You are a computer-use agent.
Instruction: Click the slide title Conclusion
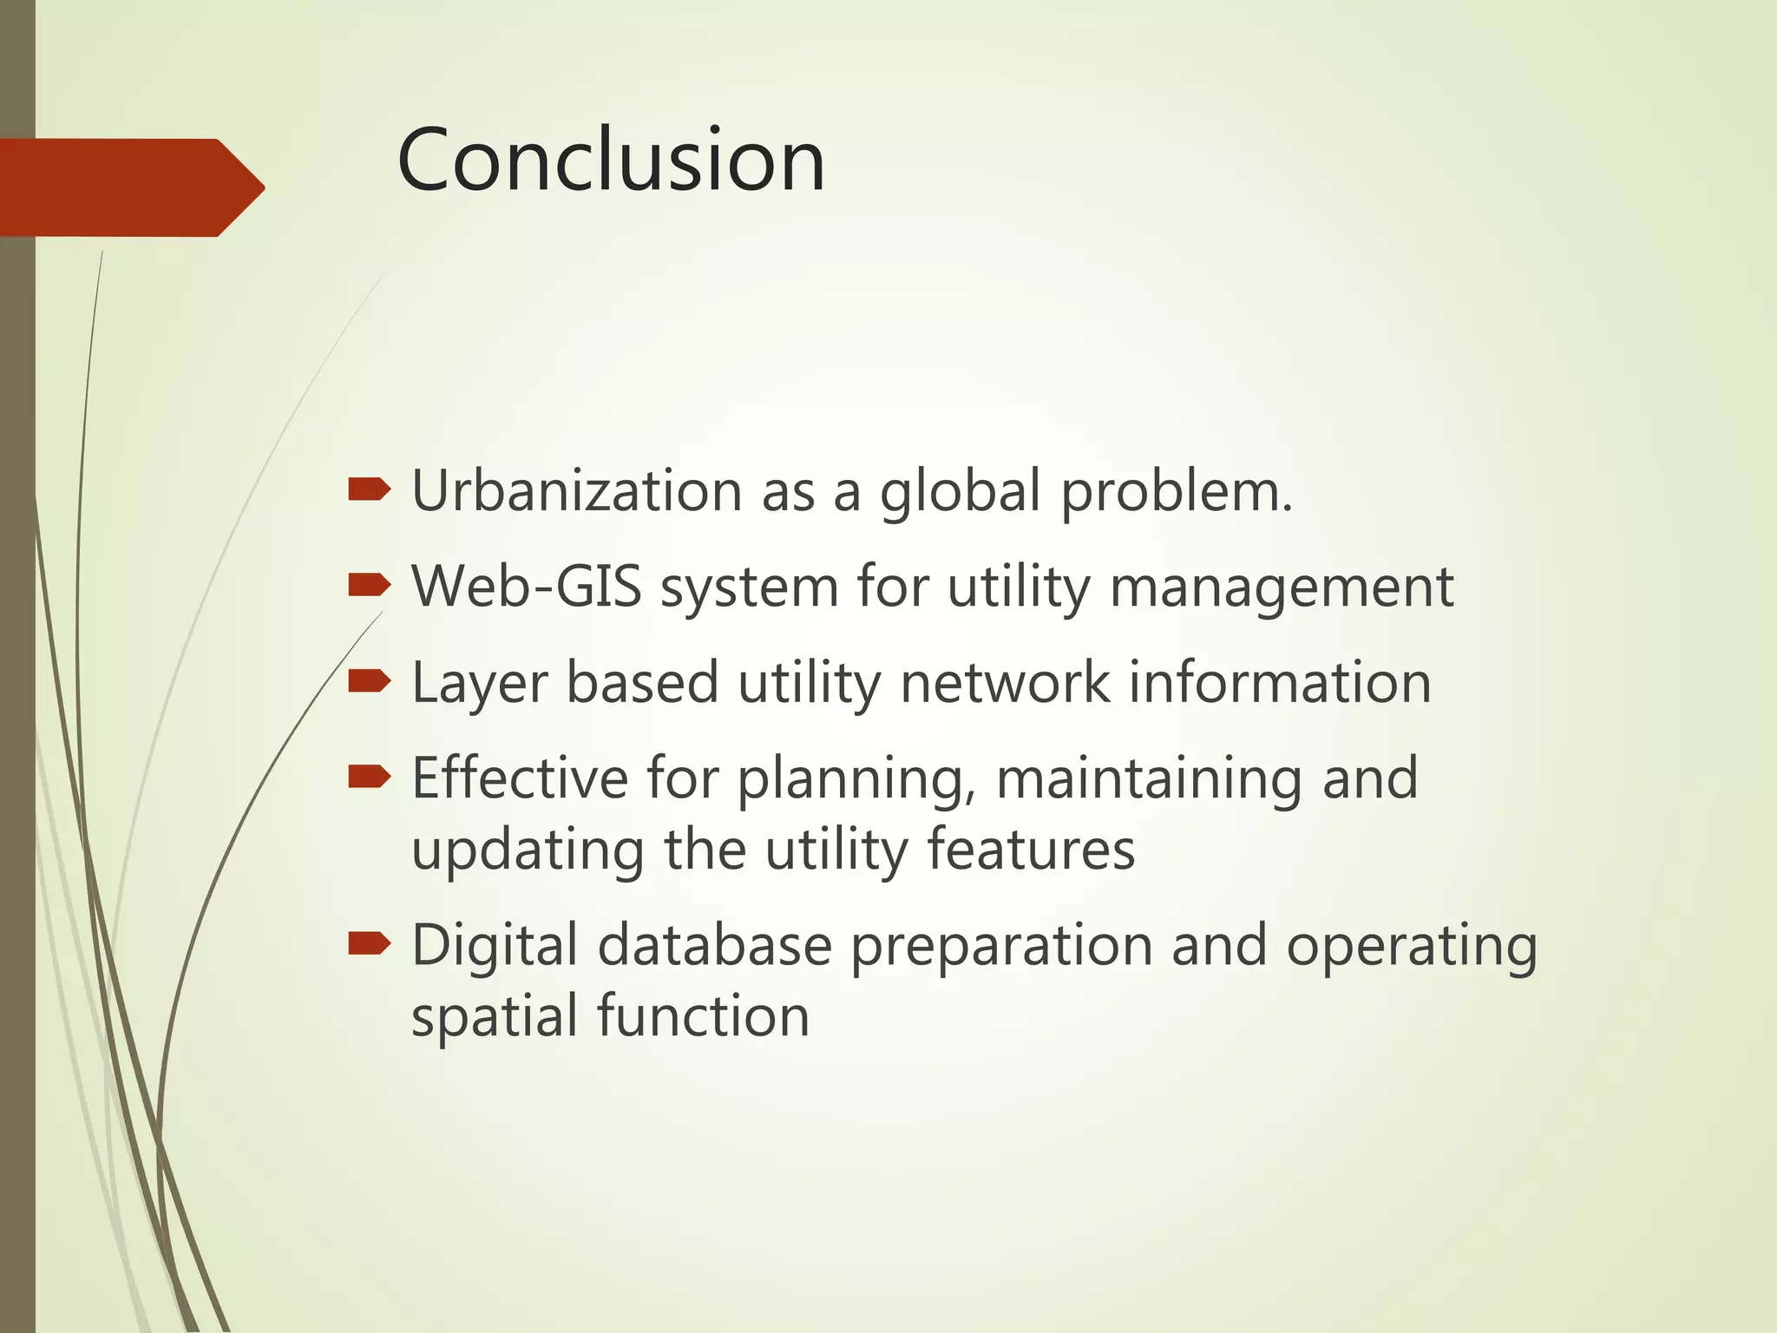tap(611, 161)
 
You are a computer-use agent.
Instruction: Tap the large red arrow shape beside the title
tap(130, 187)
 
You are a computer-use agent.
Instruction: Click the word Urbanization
tap(576, 491)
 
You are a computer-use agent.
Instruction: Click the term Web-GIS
tap(526, 587)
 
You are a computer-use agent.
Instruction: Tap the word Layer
tap(479, 684)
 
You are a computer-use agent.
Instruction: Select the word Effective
tap(519, 778)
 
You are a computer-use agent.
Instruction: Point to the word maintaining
tap(1148, 779)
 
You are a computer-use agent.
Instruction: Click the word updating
tap(528, 850)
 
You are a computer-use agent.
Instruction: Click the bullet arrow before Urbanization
tap(369, 491)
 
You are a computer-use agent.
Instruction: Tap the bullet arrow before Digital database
tap(369, 943)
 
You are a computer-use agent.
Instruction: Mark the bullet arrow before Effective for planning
tap(369, 777)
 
